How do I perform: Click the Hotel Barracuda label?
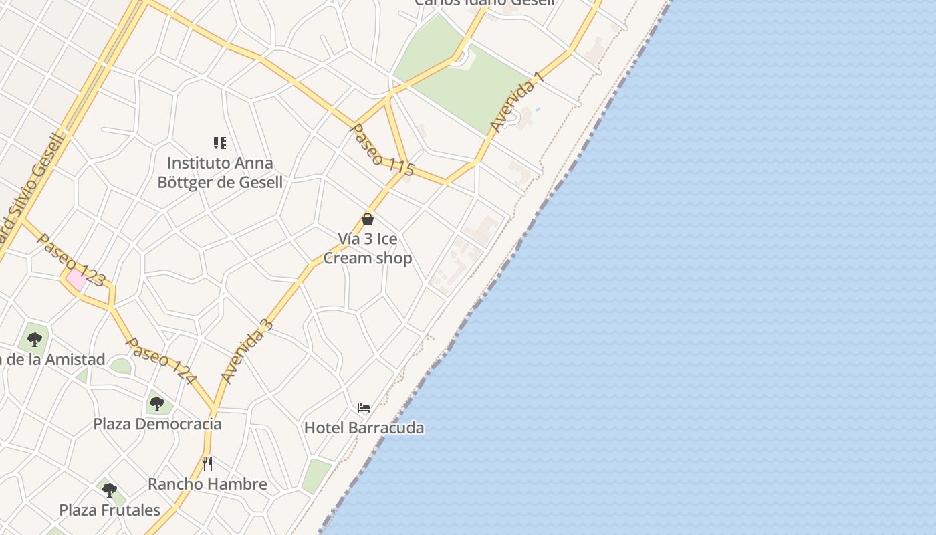[x=364, y=428]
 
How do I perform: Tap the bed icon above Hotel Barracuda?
[x=364, y=408]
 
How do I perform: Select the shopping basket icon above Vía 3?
[x=367, y=219]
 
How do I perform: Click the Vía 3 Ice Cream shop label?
[x=367, y=249]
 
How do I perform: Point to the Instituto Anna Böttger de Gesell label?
[x=220, y=173]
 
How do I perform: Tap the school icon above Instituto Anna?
[x=220, y=142]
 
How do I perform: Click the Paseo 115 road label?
[x=382, y=150]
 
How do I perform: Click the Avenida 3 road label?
[x=247, y=352]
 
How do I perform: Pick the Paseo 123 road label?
[x=71, y=260]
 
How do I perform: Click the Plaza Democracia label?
[x=157, y=424]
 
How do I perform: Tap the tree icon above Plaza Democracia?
[x=157, y=403]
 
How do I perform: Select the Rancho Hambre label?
[x=207, y=484]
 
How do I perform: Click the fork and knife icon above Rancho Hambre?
[x=207, y=463]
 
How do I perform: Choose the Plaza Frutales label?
[x=110, y=510]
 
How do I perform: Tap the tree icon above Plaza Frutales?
[x=110, y=490]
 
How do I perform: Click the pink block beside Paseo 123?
[x=76, y=280]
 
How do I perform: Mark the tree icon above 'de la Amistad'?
[x=35, y=339]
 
